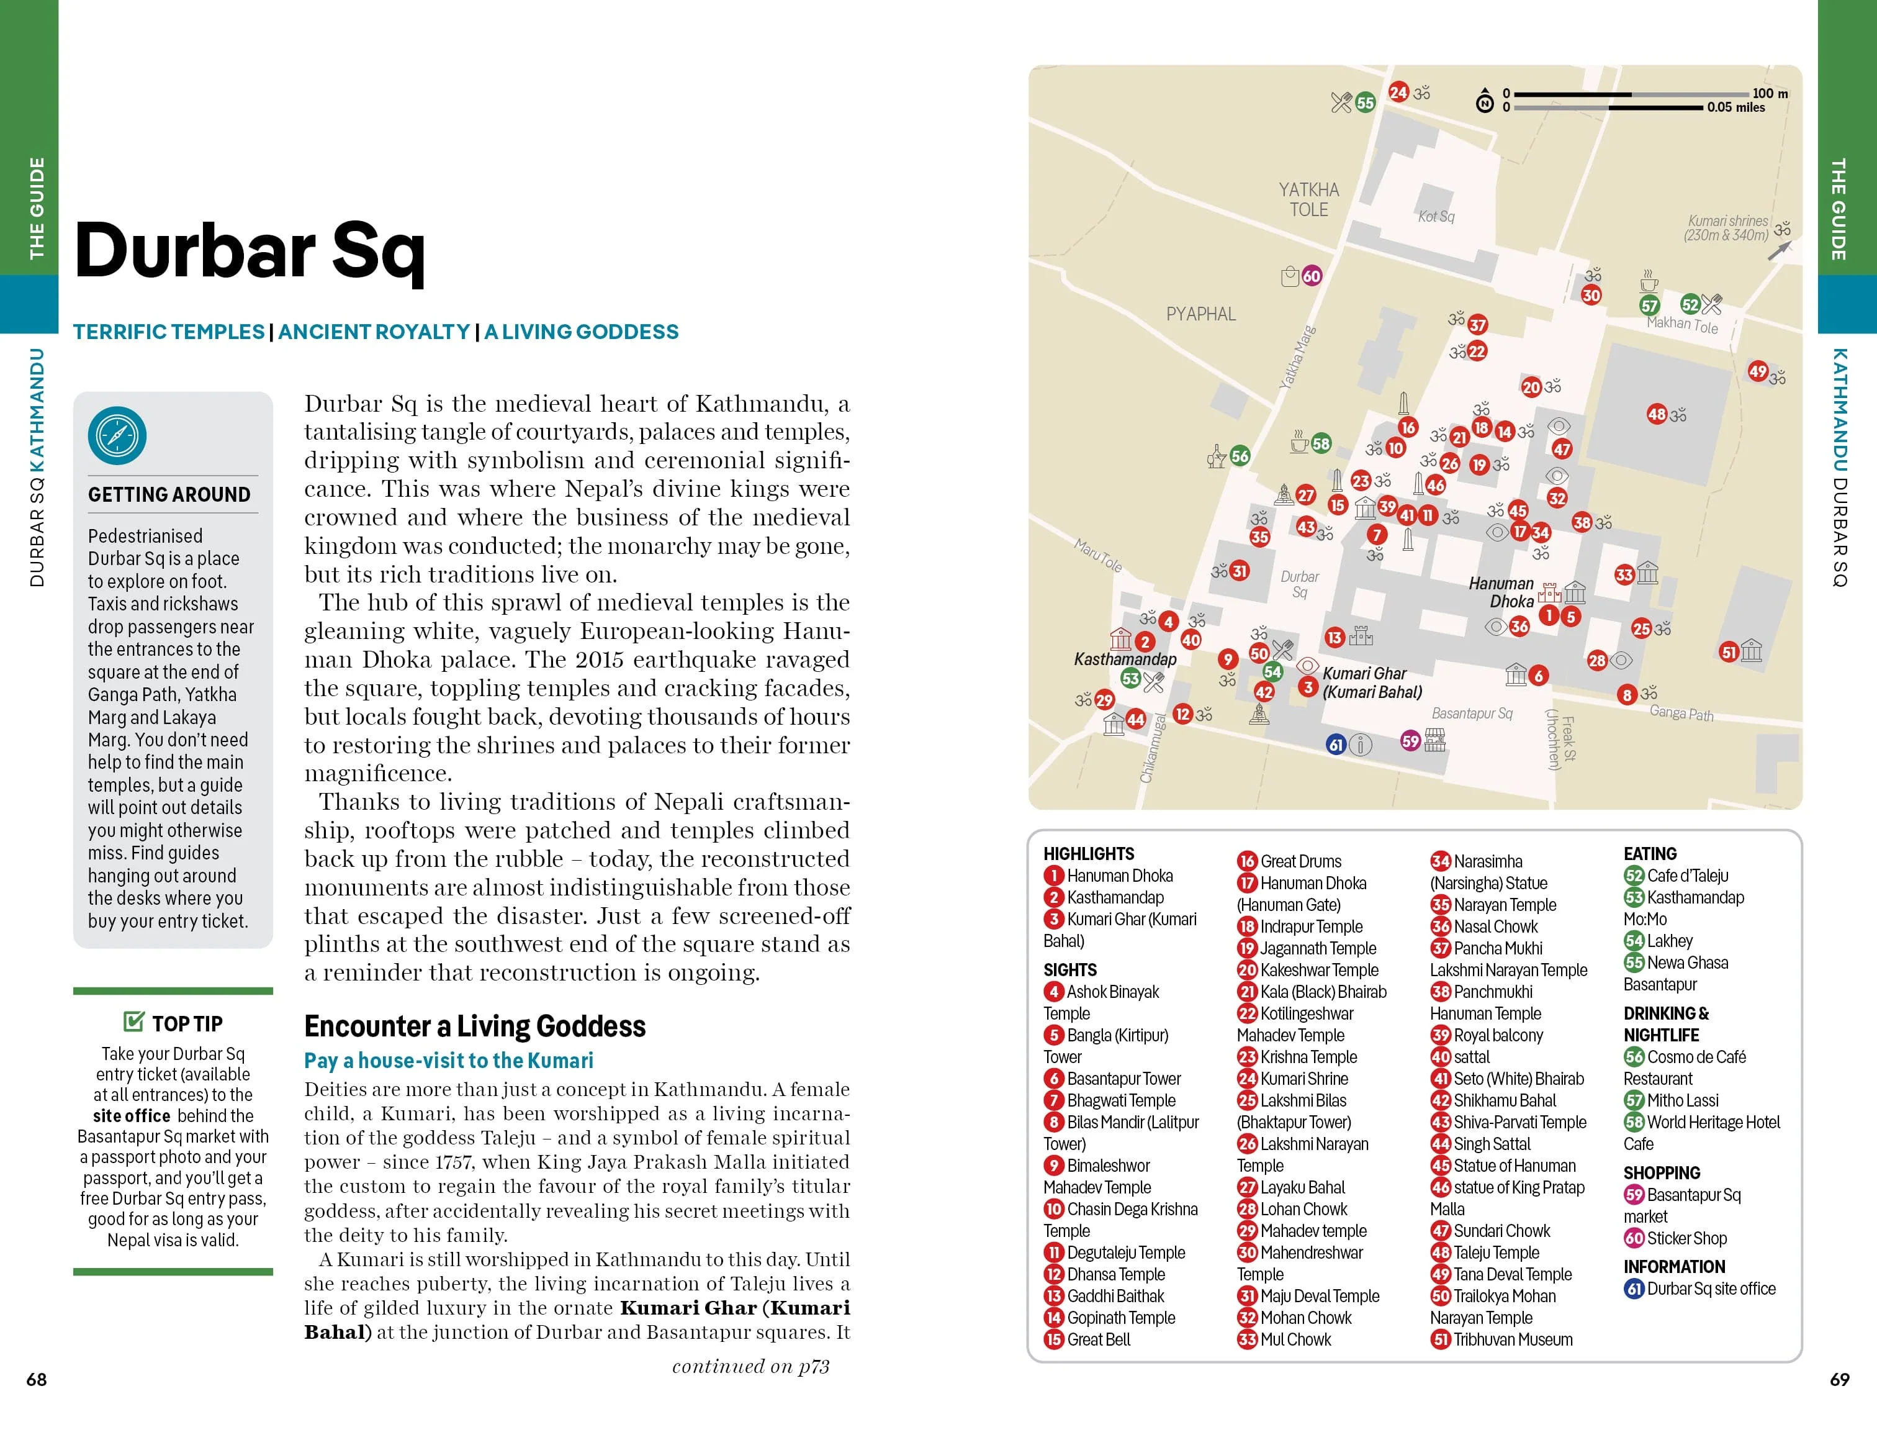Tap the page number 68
pyautogui.click(x=36, y=1379)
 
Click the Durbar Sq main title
pyautogui.click(x=250, y=250)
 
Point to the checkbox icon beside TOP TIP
pyautogui.click(x=134, y=1021)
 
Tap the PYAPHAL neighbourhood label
pyautogui.click(x=1200, y=314)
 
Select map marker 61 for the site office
pyautogui.click(x=1336, y=745)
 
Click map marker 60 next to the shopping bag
pyautogui.click(x=1312, y=276)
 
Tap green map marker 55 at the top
pyautogui.click(x=1365, y=102)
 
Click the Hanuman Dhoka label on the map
pyautogui.click(x=1501, y=592)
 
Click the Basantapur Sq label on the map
pyautogui.click(x=1471, y=713)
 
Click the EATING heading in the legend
pyautogui.click(x=1649, y=854)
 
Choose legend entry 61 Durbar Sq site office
pyautogui.click(x=1700, y=1289)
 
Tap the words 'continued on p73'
pyautogui.click(x=750, y=1366)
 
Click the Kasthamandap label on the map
pyautogui.click(x=1125, y=659)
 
